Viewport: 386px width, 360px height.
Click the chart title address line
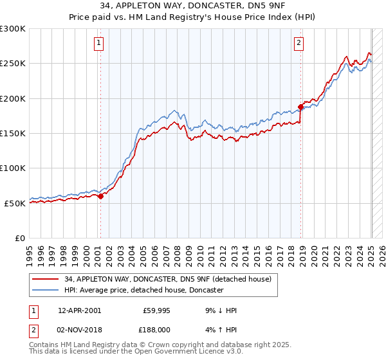pos(193,6)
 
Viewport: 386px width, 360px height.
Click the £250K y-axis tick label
pos(13,64)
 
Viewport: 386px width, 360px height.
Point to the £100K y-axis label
pos(13,168)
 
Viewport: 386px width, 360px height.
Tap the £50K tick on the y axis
pos(15,203)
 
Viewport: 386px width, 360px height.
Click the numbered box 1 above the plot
pos(98,43)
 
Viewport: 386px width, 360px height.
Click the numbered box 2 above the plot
pos(299,43)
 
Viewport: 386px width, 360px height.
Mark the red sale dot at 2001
pos(100,196)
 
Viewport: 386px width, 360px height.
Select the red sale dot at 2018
pos(300,107)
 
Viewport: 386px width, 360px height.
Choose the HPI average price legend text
pos(143,290)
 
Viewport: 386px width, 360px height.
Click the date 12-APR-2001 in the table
pos(79,310)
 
